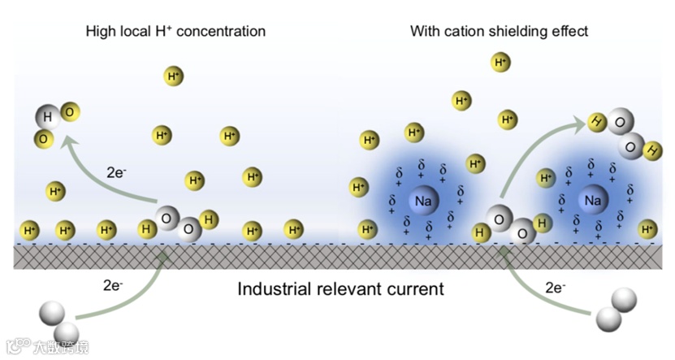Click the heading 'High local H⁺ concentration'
pos(175,32)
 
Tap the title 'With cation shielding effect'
pos(499,32)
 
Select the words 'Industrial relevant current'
pos(340,288)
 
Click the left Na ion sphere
pos(422,201)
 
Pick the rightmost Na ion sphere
pos(591,201)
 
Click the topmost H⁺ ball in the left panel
pos(174,76)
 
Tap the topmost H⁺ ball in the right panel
pos(501,62)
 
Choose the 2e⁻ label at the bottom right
pos(556,288)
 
